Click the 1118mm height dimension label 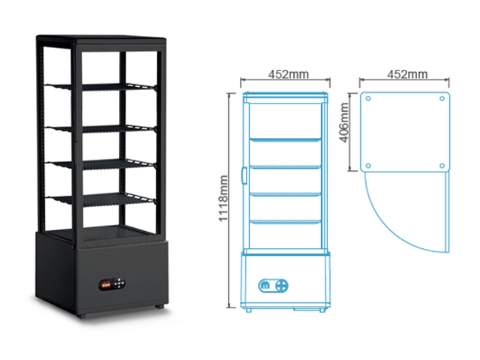223,198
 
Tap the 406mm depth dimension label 344,122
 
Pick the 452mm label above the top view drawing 407,74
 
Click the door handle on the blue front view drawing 244,175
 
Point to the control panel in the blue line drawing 273,286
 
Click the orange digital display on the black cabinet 106,285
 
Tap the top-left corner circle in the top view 368,98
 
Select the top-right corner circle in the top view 442,98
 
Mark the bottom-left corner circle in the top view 368,166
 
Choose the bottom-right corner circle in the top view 442,166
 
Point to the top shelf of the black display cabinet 101,87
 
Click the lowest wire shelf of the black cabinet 101,199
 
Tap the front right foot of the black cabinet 159,306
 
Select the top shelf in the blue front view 285,140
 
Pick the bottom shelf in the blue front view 285,221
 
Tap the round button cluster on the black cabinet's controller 119,283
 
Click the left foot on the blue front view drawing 248,310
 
